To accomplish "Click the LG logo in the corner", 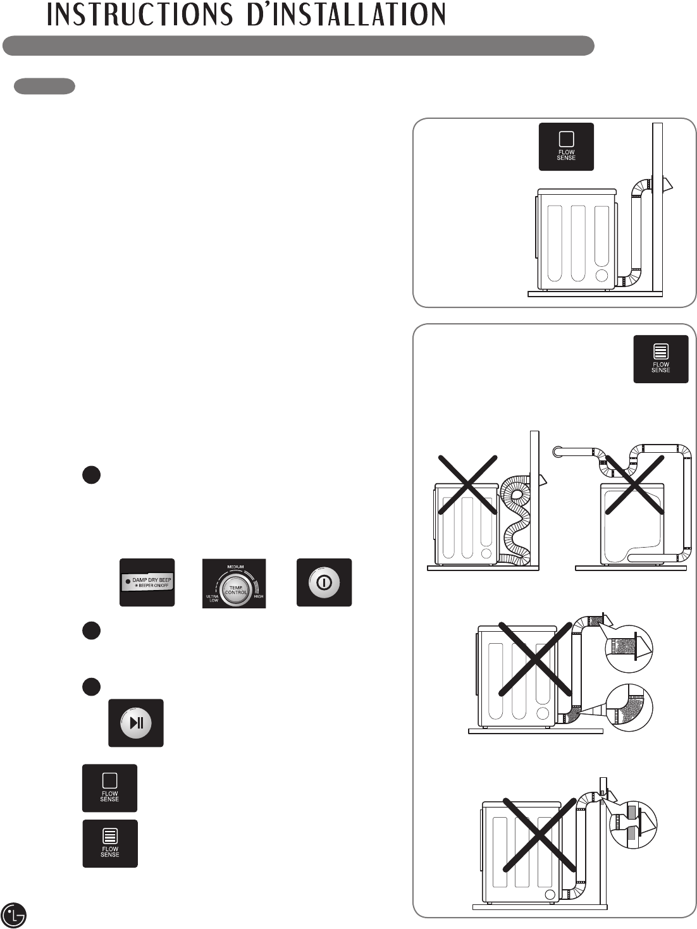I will point(14,914).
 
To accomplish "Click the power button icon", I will point(324,582).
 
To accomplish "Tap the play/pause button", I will point(136,723).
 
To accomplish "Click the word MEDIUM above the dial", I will point(236,567).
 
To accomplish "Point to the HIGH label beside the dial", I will point(258,596).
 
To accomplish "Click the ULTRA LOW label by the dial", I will point(213,598).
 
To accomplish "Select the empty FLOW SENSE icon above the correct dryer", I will point(566,147).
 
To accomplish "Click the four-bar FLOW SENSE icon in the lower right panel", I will point(661,359).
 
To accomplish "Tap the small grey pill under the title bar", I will point(44,86).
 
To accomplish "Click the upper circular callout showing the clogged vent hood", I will point(629,648).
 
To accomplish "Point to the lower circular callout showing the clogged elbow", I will point(629,708).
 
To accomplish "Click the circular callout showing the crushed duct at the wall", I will point(632,823).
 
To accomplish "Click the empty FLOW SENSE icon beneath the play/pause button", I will point(109,788).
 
